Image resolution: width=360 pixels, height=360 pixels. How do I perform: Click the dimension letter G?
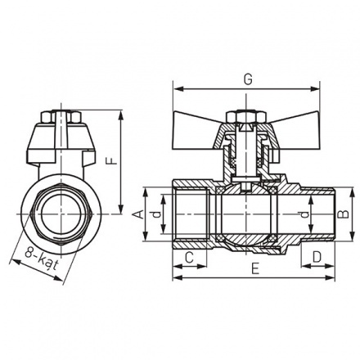point(246,79)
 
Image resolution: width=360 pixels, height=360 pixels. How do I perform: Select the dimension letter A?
point(139,214)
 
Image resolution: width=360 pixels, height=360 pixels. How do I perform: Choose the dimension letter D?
point(317,259)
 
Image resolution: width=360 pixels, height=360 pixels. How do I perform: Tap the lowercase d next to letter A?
point(160,216)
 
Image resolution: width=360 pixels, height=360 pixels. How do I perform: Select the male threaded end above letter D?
point(316,215)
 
